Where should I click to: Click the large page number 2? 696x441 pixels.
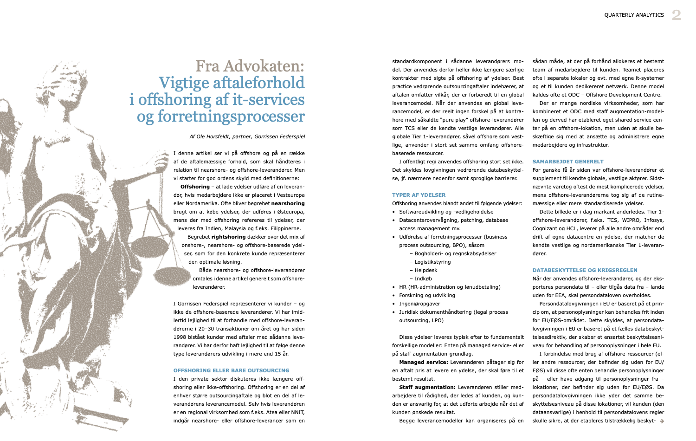pos(677,15)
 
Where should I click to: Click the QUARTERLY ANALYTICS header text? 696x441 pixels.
pos(634,15)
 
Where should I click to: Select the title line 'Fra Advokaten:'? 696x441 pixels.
pos(250,66)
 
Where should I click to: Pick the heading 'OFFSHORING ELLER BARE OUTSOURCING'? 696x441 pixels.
pos(231,370)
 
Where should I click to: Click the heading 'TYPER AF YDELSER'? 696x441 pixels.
pos(419,195)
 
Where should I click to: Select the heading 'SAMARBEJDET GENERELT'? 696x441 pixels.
pos(568,162)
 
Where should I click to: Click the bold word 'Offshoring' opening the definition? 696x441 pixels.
pos(195,187)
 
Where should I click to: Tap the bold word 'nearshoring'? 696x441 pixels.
pos(288,203)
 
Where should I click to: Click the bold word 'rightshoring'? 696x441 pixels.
pos(228,237)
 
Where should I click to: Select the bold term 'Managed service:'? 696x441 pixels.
pos(423,362)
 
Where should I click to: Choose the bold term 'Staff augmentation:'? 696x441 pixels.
pos(427,387)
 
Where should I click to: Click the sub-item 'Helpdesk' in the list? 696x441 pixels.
pos(426,270)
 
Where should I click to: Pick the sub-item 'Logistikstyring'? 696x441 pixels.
pos(432,262)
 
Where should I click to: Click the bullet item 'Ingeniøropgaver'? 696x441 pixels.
pos(419,304)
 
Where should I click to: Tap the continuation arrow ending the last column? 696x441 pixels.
pos(662,421)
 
